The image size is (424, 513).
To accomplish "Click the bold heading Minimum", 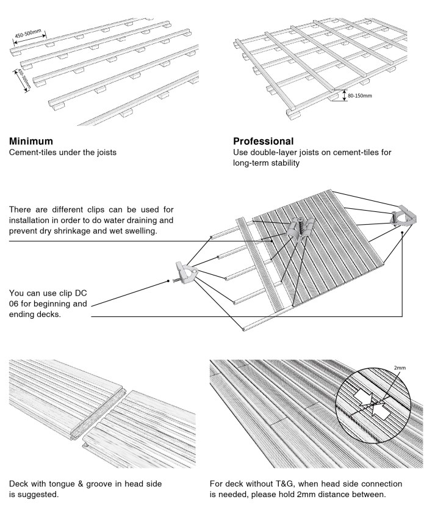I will [31, 140].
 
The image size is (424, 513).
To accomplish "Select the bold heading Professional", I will [264, 140].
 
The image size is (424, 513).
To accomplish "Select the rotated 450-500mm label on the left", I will [23, 79].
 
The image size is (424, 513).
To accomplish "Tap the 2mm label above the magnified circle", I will [400, 368].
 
